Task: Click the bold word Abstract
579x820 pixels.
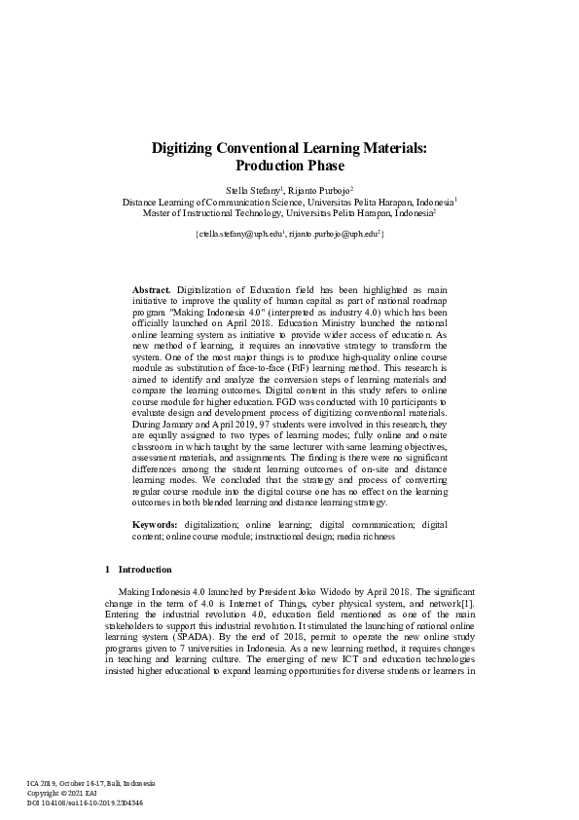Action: [151, 290]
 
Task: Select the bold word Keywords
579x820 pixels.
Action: [156, 525]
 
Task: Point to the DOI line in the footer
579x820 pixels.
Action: [85, 801]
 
